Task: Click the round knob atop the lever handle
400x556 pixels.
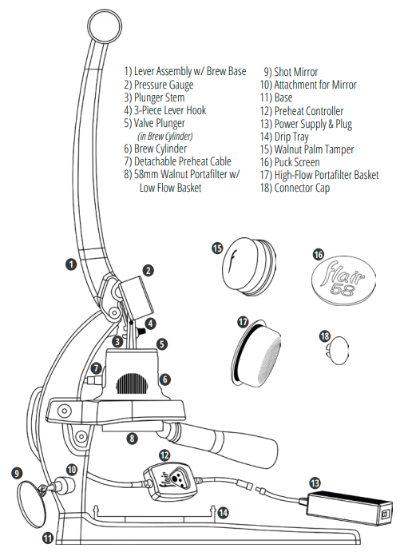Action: (105, 27)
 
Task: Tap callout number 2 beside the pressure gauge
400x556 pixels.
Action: (148, 271)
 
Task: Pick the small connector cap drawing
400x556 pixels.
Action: (339, 351)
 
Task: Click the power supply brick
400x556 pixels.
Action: (350, 508)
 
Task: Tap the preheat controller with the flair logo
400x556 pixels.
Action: (170, 481)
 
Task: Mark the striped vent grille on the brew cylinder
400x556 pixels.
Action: (132, 383)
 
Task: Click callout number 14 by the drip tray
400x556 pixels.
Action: (223, 513)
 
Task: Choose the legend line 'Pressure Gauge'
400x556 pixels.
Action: (158, 85)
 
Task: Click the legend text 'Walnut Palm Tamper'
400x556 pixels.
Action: (307, 149)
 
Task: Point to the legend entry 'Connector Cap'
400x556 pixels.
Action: (295, 188)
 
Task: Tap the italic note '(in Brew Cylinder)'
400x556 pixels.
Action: (165, 136)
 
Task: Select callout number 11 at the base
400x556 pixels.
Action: (48, 538)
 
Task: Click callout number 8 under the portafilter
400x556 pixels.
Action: (132, 439)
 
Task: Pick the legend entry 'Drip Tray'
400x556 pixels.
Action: (284, 137)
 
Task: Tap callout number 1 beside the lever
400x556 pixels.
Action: (71, 264)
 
